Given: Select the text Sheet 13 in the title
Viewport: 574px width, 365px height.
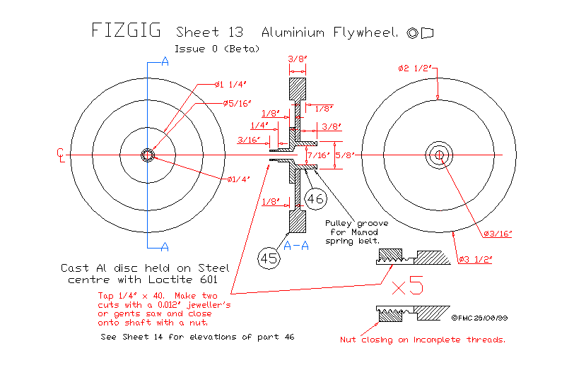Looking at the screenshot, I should click(209, 32).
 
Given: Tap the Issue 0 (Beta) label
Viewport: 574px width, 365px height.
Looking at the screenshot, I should click(217, 49).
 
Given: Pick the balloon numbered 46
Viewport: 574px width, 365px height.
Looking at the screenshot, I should click(315, 199).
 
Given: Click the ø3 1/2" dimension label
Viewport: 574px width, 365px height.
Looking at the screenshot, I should click(476, 258).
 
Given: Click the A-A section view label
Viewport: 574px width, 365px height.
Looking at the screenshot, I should click(296, 246).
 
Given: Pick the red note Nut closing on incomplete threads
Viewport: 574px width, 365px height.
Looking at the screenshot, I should click(423, 340).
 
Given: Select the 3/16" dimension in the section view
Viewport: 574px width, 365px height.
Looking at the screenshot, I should click(250, 140).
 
